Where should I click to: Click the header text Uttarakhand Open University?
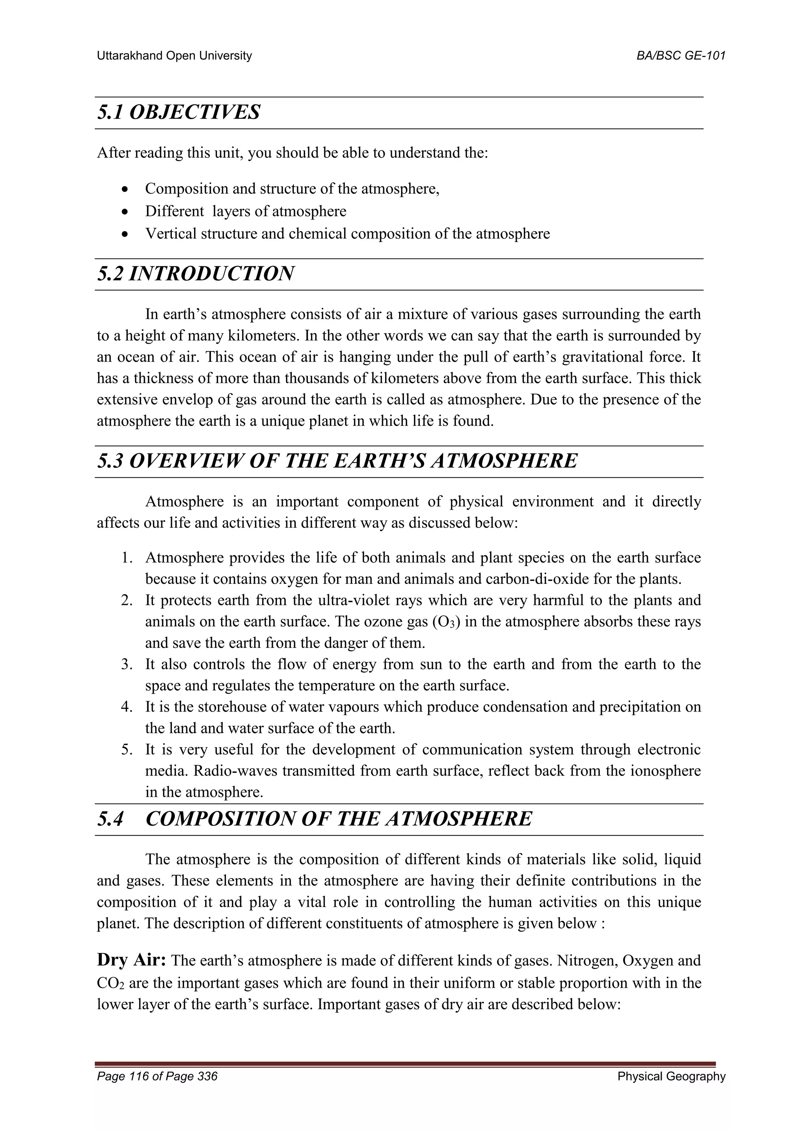click(x=174, y=56)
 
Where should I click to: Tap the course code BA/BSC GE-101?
click(x=681, y=56)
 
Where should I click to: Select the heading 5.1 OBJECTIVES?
click(x=179, y=113)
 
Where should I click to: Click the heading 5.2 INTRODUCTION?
click(x=196, y=274)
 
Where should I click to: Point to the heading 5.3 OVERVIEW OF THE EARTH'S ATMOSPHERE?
click(x=337, y=461)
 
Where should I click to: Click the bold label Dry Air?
click(x=132, y=960)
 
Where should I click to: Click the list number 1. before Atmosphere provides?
click(x=127, y=558)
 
